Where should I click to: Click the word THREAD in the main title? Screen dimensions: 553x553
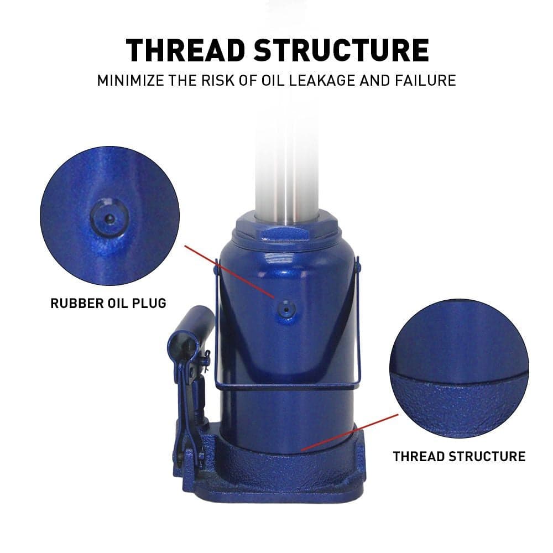click(x=185, y=50)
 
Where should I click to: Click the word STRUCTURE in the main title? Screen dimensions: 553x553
click(x=341, y=50)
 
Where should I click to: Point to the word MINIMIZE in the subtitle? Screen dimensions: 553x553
click(x=131, y=80)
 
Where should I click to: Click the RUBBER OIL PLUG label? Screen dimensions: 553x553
click(x=108, y=303)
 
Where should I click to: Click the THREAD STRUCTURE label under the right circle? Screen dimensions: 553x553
click(x=459, y=456)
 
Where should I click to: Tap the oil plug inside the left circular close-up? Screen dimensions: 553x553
click(x=109, y=218)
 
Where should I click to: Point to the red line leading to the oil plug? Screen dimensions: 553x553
click(x=229, y=272)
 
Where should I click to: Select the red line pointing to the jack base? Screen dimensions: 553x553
click(x=350, y=433)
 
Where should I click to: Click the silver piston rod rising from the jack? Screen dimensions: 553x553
click(x=286, y=166)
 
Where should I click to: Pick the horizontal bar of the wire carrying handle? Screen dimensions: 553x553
click(x=287, y=387)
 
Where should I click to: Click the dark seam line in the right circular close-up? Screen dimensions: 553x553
click(x=459, y=378)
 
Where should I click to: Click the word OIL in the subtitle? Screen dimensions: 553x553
click(x=272, y=80)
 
